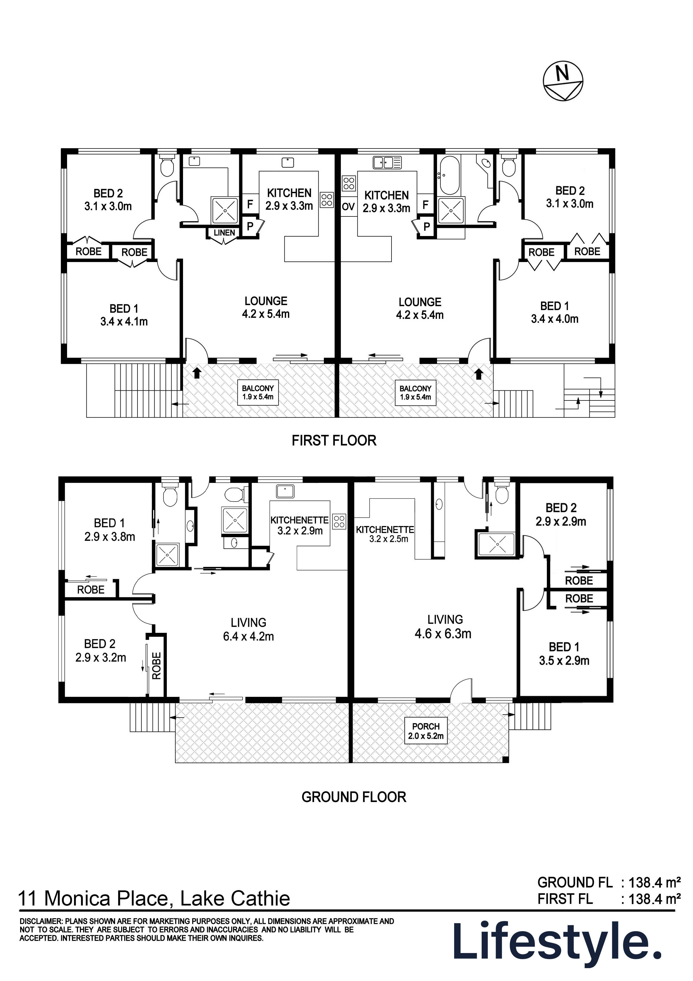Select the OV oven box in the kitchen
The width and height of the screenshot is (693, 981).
[348, 207]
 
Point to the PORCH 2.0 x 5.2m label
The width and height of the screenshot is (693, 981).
[426, 731]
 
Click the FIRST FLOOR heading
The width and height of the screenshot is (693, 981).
[334, 440]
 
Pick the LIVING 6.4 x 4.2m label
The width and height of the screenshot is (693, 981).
[248, 629]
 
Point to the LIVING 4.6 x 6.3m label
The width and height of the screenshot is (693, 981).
[443, 626]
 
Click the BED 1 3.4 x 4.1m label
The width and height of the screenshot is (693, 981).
[124, 315]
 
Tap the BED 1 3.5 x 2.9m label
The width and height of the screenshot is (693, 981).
[564, 654]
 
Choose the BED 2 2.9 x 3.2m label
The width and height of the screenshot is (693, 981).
[101, 650]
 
